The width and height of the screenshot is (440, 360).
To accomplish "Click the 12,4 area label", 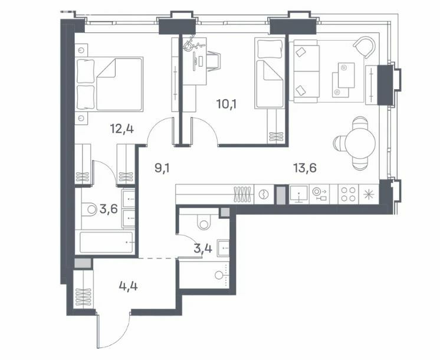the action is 122,129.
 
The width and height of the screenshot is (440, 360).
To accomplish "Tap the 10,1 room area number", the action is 226,104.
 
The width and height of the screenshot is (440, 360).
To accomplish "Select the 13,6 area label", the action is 305,168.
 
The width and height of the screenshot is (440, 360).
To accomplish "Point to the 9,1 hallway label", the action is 162,168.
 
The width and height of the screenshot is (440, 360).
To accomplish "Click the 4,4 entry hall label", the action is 128,286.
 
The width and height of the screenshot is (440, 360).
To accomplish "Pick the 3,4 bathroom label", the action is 203,248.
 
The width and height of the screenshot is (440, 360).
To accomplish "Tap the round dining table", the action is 360,143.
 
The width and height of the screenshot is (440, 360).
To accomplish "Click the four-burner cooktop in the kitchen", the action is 348,194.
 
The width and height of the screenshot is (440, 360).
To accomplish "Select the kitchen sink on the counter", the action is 299,194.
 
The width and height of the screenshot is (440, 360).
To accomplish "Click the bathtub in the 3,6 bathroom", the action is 106,242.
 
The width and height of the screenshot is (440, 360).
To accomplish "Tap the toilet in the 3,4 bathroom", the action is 203,222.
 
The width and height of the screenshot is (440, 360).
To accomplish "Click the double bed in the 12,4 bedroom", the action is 109,84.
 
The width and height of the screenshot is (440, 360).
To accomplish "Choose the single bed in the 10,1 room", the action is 270,73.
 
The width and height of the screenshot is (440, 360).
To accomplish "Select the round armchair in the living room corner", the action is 365,47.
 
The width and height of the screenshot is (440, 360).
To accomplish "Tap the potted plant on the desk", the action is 192,44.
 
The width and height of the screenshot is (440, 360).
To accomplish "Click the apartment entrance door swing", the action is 113,329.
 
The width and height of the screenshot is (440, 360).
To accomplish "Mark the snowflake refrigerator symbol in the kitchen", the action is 368,194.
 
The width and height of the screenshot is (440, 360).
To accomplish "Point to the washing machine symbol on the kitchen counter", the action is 264,194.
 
